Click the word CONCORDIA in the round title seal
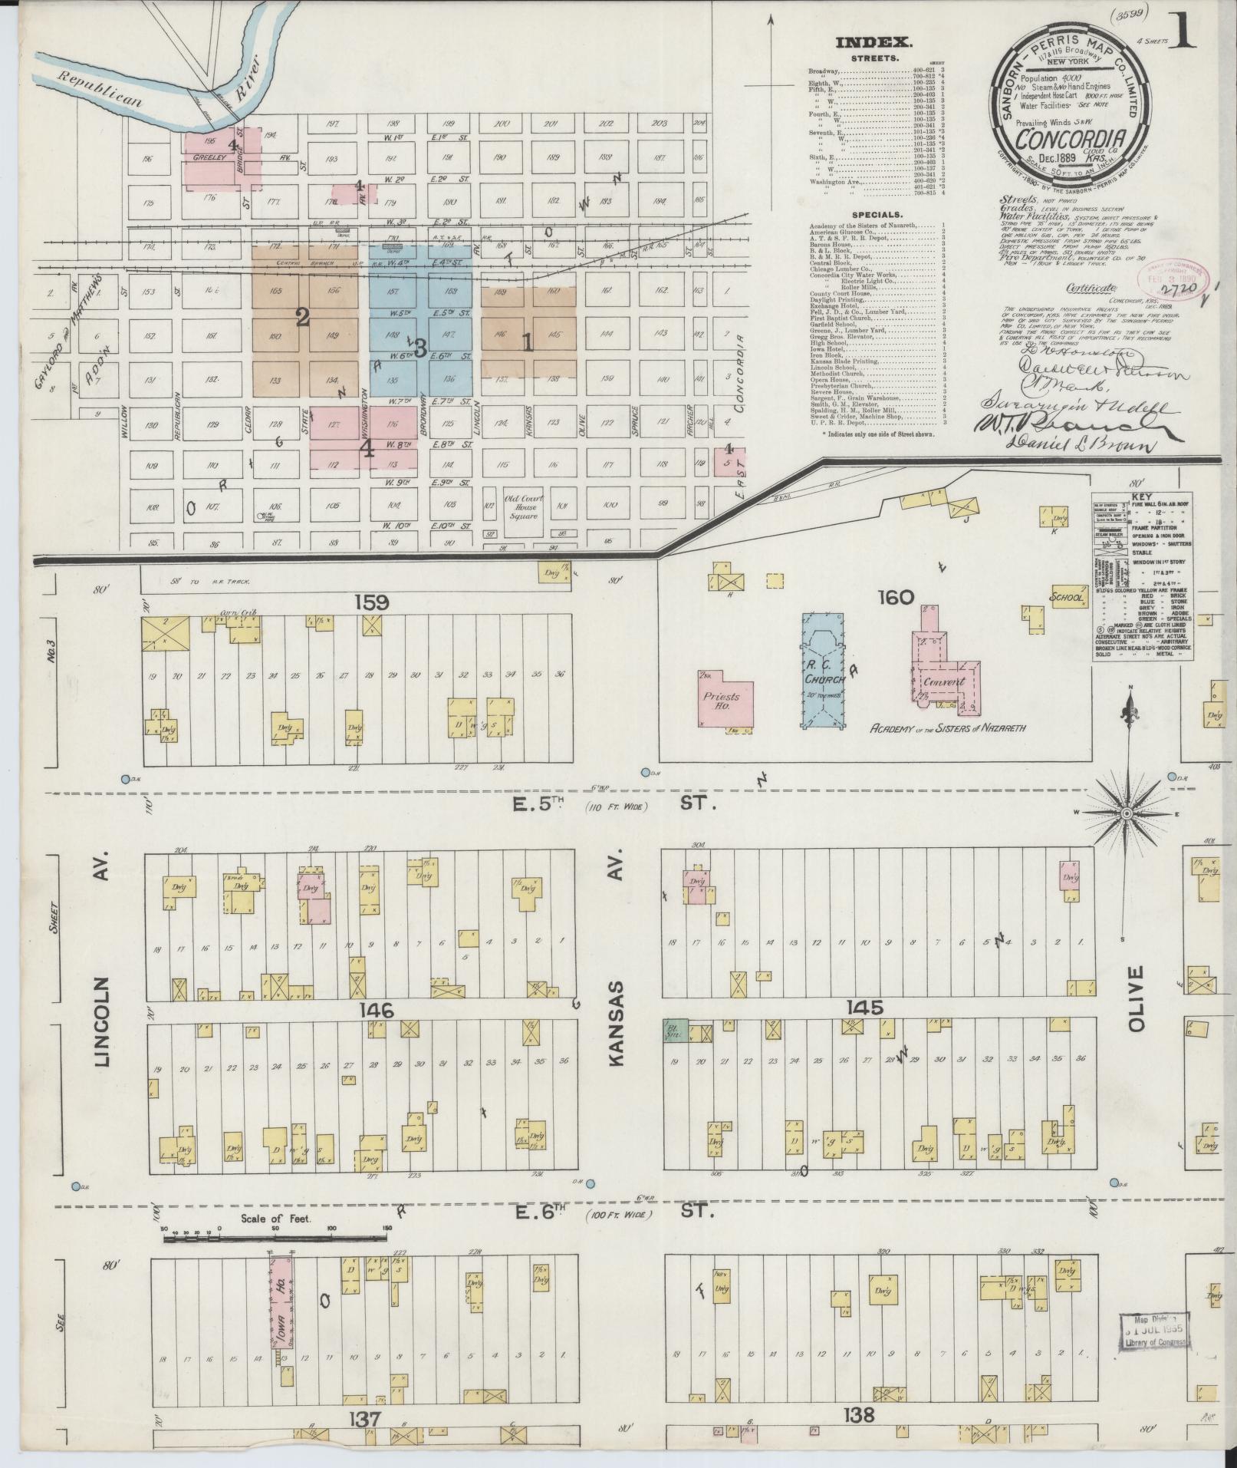pyautogui.click(x=1071, y=140)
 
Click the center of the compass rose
pyautogui.click(x=1127, y=813)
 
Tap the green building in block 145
pyautogui.click(x=676, y=1031)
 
